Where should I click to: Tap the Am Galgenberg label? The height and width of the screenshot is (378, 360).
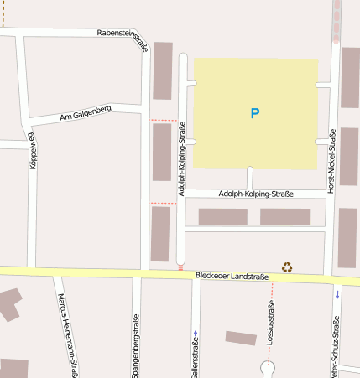click(86, 115)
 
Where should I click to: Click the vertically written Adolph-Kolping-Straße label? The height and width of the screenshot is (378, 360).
click(182, 159)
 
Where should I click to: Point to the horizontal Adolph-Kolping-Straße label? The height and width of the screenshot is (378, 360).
click(256, 194)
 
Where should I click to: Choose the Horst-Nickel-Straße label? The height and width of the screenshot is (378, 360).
click(332, 160)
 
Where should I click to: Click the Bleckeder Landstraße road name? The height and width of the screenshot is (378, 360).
click(232, 276)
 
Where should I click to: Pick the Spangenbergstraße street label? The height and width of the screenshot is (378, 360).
click(135, 345)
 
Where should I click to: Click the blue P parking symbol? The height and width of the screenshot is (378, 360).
click(255, 113)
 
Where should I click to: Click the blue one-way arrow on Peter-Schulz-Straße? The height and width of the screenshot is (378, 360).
click(337, 294)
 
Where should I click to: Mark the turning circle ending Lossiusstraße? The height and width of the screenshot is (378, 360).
click(268, 367)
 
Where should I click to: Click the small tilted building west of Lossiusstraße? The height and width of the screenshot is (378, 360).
click(241, 338)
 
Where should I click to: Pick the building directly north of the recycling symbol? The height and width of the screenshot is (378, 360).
click(285, 217)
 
